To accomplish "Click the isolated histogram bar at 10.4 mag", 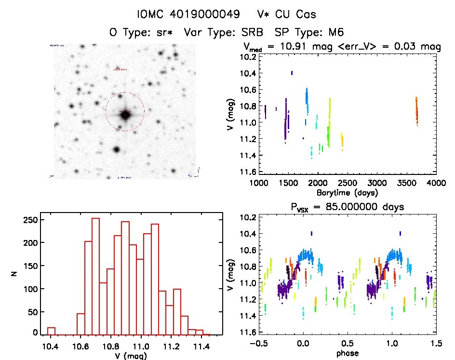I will click(51, 331).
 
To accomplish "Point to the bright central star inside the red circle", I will click(125, 115).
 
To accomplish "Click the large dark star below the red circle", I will click(116, 149).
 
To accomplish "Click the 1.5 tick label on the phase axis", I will click(435, 344).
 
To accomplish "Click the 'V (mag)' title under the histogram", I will click(126, 356).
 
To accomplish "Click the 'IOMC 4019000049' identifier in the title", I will click(188, 14).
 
